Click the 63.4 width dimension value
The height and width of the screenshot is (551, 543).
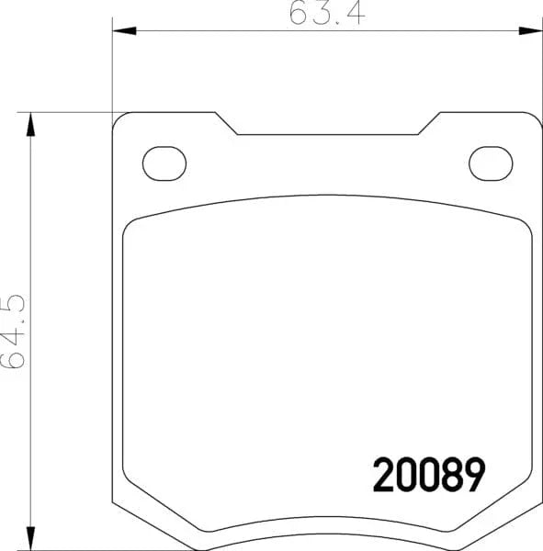point(327,14)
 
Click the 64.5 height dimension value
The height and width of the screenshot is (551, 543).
point(14,332)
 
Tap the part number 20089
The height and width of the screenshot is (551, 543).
point(429,475)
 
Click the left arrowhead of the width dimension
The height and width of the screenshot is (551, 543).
point(124,31)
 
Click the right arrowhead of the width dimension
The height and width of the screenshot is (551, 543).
point(531,31)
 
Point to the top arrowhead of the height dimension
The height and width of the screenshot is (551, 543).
point(31,124)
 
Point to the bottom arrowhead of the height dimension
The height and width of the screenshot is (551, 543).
point(31,538)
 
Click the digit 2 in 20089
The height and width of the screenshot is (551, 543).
point(383,475)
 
